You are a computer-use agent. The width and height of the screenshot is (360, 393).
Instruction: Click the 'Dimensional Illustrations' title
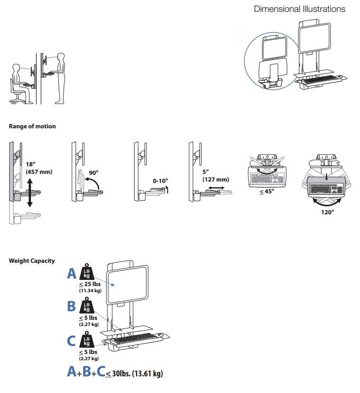[x=300, y=9]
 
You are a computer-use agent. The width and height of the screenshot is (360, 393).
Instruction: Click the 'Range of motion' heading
[x=32, y=126]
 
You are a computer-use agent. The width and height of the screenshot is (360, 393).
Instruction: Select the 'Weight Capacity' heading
[x=32, y=261]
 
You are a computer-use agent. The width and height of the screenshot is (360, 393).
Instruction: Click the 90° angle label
[x=93, y=173]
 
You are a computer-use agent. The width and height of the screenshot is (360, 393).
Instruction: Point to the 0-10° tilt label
[x=161, y=181]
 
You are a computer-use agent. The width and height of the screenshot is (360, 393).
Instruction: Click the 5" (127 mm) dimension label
[x=215, y=176]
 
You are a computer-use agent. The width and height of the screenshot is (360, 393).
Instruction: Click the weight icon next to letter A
[x=87, y=273]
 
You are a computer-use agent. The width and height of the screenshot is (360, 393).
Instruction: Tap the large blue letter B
[x=71, y=307]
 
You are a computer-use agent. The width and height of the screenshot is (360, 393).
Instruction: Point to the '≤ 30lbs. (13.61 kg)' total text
[x=134, y=374]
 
